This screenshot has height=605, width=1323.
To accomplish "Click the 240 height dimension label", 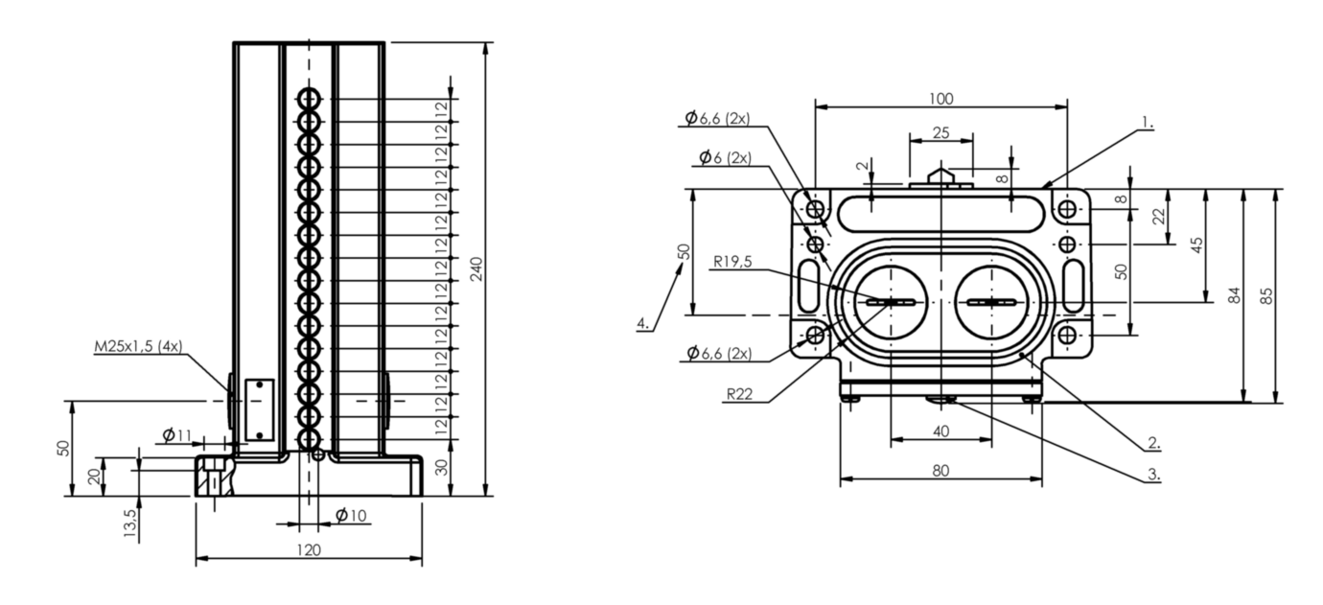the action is pos(477,269).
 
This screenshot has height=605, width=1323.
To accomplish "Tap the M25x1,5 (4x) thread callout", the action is pos(139,346).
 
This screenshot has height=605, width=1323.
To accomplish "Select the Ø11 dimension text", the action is pos(177,435).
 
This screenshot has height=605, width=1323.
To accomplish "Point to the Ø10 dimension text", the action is pos(352,516).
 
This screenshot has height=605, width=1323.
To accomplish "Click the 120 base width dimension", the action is pos(309,550).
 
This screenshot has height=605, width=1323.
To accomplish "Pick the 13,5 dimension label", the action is pos(130,523).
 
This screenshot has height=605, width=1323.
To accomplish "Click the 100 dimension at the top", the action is pos(940,99).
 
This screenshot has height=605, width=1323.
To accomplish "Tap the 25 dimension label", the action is pos(940,133).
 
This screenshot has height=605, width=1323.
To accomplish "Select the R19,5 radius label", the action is pos(732,261).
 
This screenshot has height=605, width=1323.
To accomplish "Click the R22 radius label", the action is pos(739,394).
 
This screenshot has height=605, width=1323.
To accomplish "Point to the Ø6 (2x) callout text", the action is pos(726,158).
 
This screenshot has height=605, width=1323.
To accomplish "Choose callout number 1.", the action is pos(1147,123).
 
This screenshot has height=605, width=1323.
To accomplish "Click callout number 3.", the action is pos(1153,474).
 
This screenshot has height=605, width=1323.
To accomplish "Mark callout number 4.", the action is pos(643,323).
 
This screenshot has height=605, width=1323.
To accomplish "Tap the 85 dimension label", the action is pos(1265,295).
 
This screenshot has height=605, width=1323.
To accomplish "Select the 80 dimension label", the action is pos(940,471).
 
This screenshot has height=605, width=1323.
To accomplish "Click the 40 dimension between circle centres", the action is pos(940,431).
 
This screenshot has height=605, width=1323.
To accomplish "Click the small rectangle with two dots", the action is pos(260,410).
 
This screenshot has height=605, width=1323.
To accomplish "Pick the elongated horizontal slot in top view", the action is pos(940,213).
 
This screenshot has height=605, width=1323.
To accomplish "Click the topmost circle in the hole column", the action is pos(309,99).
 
